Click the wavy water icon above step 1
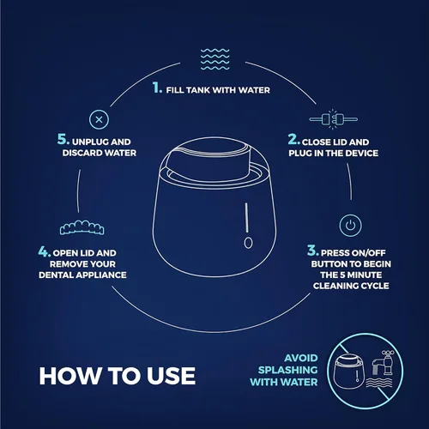[x=214, y=59]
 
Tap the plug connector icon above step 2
[x=334, y=119]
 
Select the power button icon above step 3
[x=350, y=226]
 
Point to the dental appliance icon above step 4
[x=82, y=227]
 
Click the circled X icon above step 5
[x=99, y=119]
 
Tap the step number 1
[x=157, y=88]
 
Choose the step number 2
[x=294, y=139]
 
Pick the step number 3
[x=313, y=251]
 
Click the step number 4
[x=45, y=251]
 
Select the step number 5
[x=63, y=139]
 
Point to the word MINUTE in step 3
[x=365, y=275]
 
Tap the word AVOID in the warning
[x=301, y=358]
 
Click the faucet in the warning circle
[x=384, y=363]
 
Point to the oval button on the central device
[x=248, y=243]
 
